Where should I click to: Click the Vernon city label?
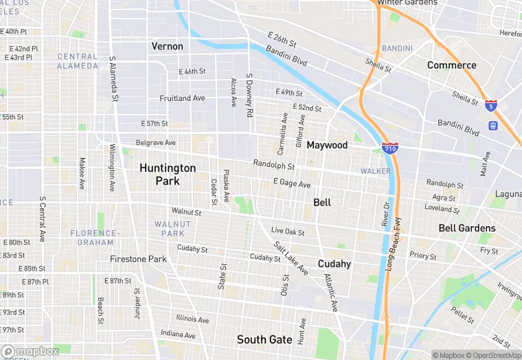(x=168, y=46)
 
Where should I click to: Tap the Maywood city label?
(x=327, y=145)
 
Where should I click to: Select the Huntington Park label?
(x=168, y=175)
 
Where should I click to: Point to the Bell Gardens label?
(x=467, y=227)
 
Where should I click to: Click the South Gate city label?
(x=264, y=339)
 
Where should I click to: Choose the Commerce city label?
(x=451, y=65)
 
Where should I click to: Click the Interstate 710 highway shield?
(x=389, y=148)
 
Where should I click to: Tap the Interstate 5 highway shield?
(x=490, y=105)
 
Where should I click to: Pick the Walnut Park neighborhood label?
(x=169, y=229)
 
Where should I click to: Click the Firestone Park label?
(x=138, y=259)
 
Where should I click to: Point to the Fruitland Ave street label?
(x=182, y=98)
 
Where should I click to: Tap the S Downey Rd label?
(x=250, y=95)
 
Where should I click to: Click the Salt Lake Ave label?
(x=290, y=258)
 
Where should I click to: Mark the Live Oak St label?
(x=288, y=232)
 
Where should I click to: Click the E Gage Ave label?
(x=292, y=183)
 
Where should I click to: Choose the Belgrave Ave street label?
(x=156, y=143)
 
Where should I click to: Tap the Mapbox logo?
(x=30, y=351)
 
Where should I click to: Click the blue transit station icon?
(x=492, y=126)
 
